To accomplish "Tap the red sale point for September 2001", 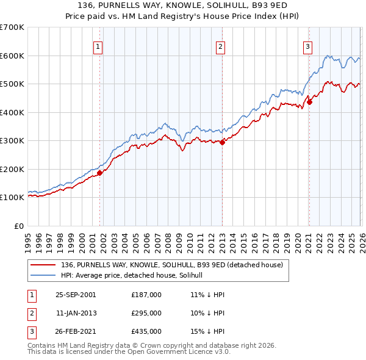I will click(x=100, y=173).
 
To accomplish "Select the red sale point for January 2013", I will click(x=222, y=143).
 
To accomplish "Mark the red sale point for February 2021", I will click(x=309, y=103).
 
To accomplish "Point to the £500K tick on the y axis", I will click(x=12, y=84).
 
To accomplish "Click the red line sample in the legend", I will click(x=44, y=265).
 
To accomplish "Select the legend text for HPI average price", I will click(x=135, y=276).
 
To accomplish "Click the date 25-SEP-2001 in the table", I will click(x=76, y=295).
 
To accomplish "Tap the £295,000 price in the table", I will click(x=146, y=313).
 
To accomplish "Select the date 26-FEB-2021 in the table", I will click(x=76, y=331).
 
